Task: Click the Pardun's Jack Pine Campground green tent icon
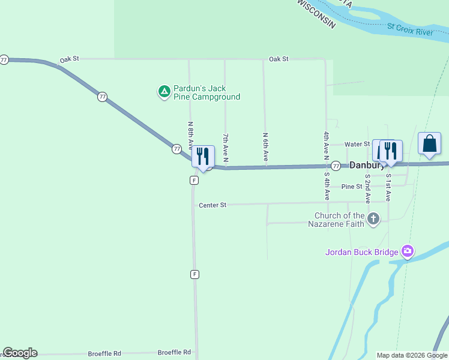(x=163, y=92)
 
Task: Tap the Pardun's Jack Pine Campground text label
(x=206, y=92)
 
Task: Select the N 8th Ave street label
(x=190, y=136)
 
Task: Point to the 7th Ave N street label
(x=226, y=147)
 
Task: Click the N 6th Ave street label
(x=265, y=146)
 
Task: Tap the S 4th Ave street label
(x=327, y=187)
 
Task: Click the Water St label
(x=357, y=144)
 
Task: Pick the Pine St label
(x=352, y=187)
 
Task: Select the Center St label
(x=212, y=205)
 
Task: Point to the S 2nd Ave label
(x=367, y=189)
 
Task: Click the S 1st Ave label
(x=388, y=186)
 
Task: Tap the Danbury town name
(x=366, y=165)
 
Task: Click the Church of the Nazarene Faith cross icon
(x=373, y=219)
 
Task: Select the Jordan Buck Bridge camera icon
(x=408, y=251)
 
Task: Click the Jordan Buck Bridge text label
(x=362, y=252)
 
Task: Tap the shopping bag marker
(x=429, y=145)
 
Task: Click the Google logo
(x=20, y=353)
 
